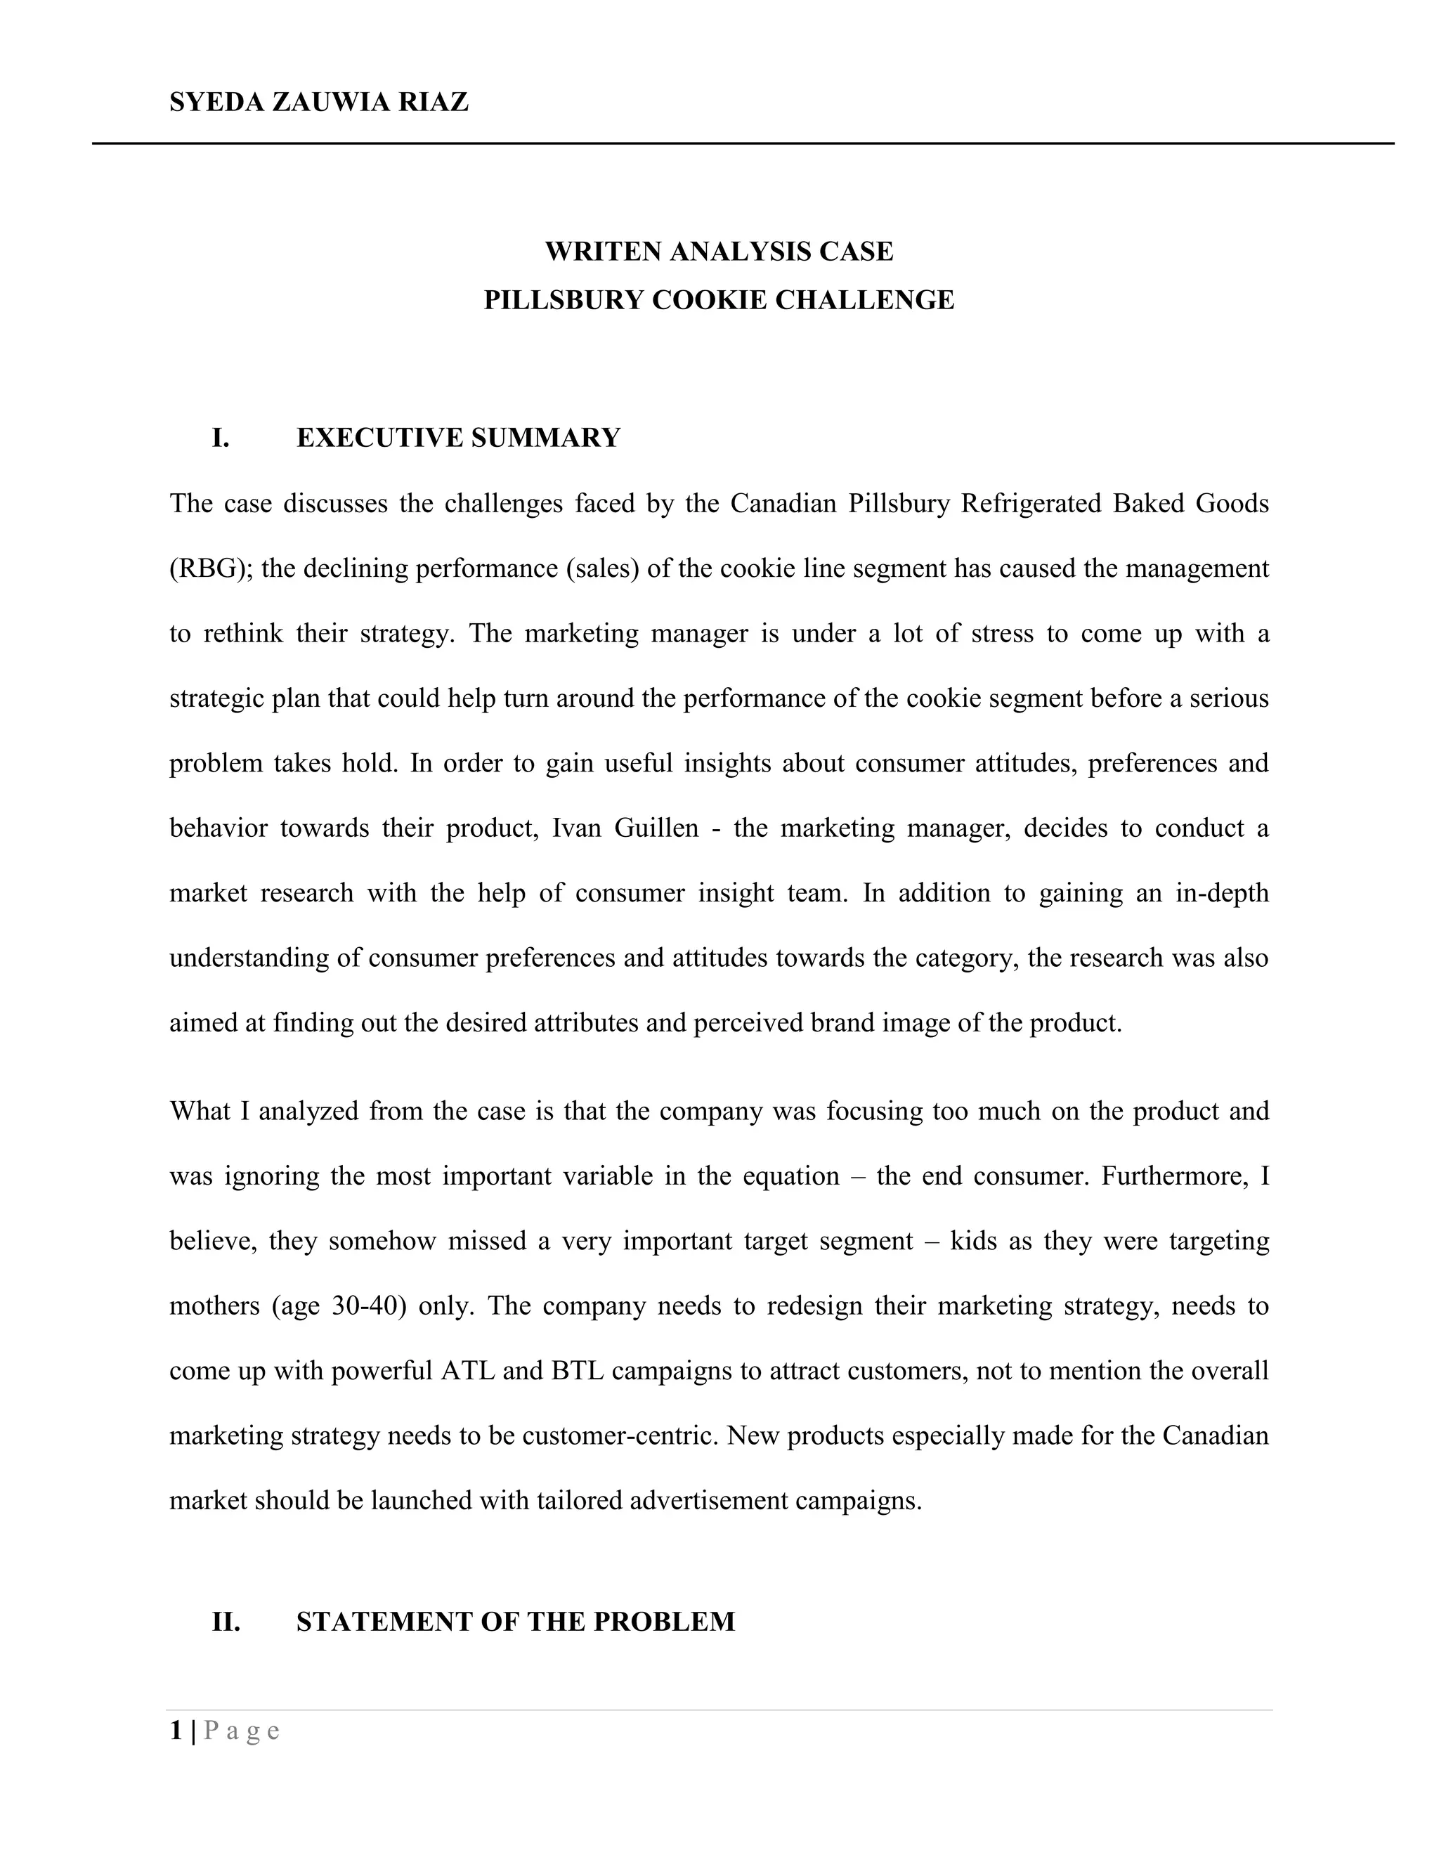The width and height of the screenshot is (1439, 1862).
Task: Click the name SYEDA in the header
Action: tap(216, 103)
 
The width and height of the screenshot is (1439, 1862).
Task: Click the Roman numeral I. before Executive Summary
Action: tap(221, 438)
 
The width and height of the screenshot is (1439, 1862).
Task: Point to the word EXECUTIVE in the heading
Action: tap(379, 438)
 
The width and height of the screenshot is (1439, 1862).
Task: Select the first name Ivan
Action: tap(577, 828)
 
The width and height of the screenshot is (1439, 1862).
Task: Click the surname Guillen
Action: tap(656, 828)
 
